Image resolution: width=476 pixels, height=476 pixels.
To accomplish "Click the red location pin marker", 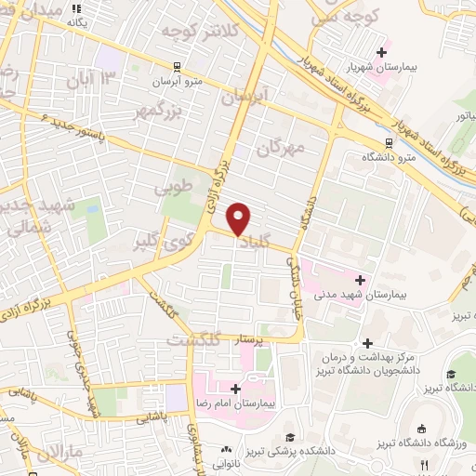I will (x=239, y=218).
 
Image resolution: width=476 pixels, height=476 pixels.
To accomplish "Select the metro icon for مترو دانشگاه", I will (x=389, y=141).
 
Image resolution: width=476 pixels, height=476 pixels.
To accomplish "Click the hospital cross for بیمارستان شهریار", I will (x=381, y=51).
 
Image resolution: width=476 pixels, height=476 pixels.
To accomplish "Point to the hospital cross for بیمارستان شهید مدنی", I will (x=360, y=279).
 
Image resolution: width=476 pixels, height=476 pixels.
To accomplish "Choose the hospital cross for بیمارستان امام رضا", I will (x=234, y=389).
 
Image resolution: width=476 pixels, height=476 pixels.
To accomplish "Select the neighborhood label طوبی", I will (x=175, y=188).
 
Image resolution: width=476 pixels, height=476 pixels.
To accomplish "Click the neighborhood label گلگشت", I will (x=192, y=340).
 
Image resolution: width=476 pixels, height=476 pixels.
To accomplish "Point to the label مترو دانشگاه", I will (x=418, y=155).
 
